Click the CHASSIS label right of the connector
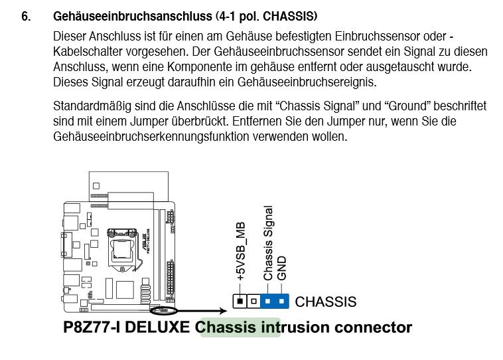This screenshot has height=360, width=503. [325, 302]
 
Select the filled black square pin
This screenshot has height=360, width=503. [240, 302]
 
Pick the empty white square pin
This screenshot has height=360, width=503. [253, 302]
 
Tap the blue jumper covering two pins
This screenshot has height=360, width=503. [275, 302]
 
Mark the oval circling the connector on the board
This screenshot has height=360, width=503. [164, 310]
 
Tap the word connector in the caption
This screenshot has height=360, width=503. [375, 327]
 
